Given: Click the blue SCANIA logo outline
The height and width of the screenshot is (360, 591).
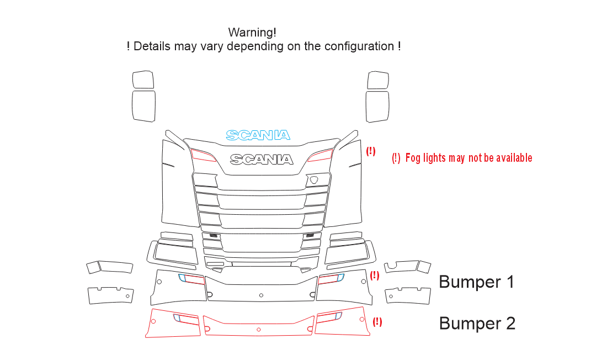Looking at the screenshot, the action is (x=258, y=135).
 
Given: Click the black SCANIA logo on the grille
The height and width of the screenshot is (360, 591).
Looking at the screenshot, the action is (x=262, y=160).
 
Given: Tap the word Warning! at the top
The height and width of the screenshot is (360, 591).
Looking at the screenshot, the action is (x=252, y=33).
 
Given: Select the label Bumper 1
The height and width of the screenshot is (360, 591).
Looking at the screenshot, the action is (x=477, y=282).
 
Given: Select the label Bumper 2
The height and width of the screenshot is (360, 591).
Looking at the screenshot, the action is (x=477, y=324).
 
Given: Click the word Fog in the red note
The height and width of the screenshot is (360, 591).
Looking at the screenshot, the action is (x=413, y=158).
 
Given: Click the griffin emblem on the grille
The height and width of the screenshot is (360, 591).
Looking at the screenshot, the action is (x=314, y=180).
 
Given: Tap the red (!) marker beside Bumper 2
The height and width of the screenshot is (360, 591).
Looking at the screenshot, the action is (x=377, y=322).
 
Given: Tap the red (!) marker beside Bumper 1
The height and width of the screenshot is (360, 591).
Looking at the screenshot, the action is (x=374, y=276).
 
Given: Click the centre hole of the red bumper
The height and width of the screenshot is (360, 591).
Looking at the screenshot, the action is (x=259, y=330).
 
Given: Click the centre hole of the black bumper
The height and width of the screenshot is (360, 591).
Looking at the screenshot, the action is (x=261, y=295).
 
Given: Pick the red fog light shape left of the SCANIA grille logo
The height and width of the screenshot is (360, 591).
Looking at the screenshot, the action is (x=203, y=155).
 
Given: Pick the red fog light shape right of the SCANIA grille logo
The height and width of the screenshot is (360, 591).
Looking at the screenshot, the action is (x=320, y=155).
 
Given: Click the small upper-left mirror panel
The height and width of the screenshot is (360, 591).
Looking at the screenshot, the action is (x=143, y=80).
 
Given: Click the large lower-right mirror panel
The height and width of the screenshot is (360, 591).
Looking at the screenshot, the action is (x=377, y=107).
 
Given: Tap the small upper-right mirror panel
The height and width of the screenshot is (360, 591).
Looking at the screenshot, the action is (x=378, y=80).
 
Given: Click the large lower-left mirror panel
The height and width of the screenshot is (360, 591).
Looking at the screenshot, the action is (x=143, y=106).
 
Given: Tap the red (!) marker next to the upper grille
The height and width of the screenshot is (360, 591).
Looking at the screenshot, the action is (x=371, y=151).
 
